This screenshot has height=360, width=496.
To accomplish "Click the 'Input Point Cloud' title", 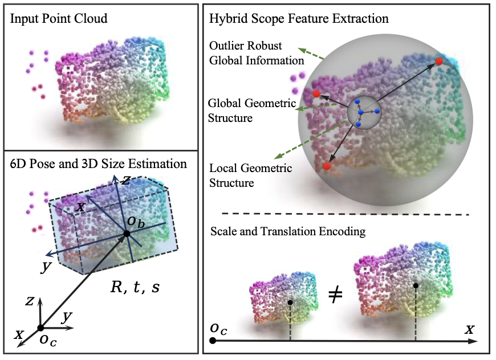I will pyautogui.click(x=59, y=19).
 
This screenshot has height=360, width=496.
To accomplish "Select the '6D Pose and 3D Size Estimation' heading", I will pyautogui.click(x=98, y=163).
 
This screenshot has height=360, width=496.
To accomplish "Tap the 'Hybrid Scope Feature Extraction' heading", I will pyautogui.click(x=299, y=18).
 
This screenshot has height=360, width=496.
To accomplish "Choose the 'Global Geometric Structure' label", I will pyautogui.click(x=251, y=111).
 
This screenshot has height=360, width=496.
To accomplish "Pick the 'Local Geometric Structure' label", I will pyautogui.click(x=250, y=175).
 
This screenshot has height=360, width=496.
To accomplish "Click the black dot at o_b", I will pyautogui.click(x=126, y=234).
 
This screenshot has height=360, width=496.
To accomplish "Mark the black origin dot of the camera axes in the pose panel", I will pyautogui.click(x=40, y=328).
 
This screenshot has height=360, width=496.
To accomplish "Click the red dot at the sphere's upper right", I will pyautogui.click(x=439, y=61).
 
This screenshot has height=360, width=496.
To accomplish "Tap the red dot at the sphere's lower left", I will pyautogui.click(x=327, y=166).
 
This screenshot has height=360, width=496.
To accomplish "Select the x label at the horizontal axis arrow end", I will pyautogui.click(x=470, y=329).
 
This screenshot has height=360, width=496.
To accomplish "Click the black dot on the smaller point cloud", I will pyautogui.click(x=290, y=302).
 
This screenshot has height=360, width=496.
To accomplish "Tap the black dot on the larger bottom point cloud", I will pyautogui.click(x=416, y=285).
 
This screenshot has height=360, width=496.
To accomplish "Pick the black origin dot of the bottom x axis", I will pyautogui.click(x=213, y=341).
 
